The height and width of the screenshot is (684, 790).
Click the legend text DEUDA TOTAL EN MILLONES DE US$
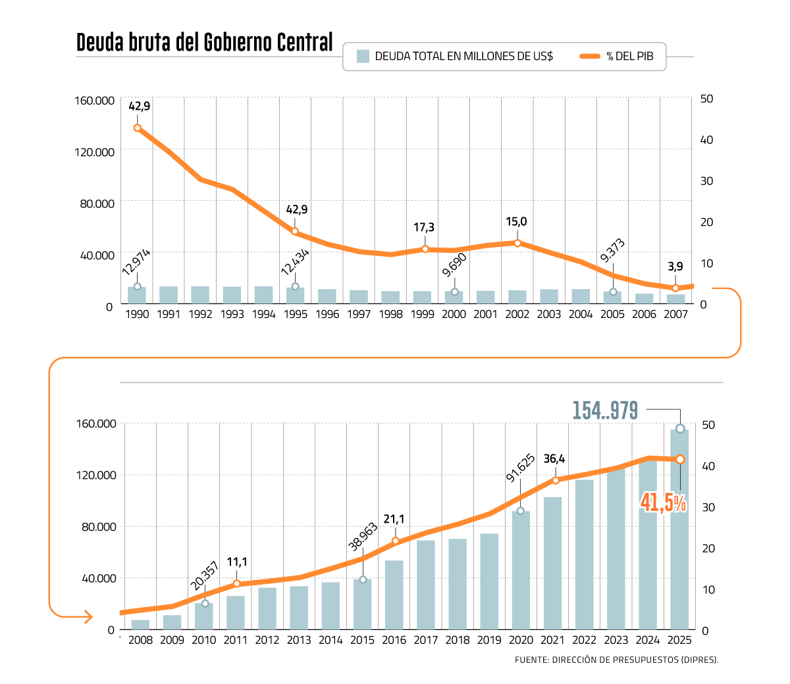pyautogui.click(x=463, y=57)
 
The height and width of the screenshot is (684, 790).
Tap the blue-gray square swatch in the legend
pyautogui.click(x=363, y=57)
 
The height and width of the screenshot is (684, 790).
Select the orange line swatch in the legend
pyautogui.click(x=590, y=57)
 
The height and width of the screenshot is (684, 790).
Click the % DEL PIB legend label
pyautogui.click(x=630, y=57)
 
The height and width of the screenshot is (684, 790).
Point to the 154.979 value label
pyautogui.click(x=605, y=411)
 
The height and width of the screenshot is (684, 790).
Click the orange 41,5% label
pyautogui.click(x=663, y=504)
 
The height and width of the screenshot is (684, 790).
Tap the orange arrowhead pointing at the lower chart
pyautogui.click(x=88, y=617)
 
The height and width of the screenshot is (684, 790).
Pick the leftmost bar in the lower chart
pyautogui.click(x=140, y=624)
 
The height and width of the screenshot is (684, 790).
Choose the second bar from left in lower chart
pyautogui.click(x=172, y=622)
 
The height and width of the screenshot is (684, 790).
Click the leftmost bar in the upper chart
pyautogui.click(x=137, y=295)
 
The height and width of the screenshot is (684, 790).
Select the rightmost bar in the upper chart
pyautogui.click(x=676, y=299)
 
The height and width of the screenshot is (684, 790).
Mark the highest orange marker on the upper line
pyautogui.click(x=137, y=128)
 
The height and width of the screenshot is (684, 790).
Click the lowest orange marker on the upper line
pyautogui.click(x=675, y=288)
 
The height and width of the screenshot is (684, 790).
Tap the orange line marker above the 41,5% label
pyautogui.click(x=680, y=459)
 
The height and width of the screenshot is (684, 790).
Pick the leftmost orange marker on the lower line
pyautogui.click(x=237, y=583)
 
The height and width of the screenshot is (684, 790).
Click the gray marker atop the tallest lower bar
pyautogui.click(x=680, y=429)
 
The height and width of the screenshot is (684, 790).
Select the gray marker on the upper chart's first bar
pyautogui.click(x=137, y=286)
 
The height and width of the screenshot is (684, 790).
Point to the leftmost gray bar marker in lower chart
pyautogui.click(x=205, y=603)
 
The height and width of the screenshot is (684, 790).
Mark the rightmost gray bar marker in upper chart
pyautogui.click(x=613, y=292)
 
